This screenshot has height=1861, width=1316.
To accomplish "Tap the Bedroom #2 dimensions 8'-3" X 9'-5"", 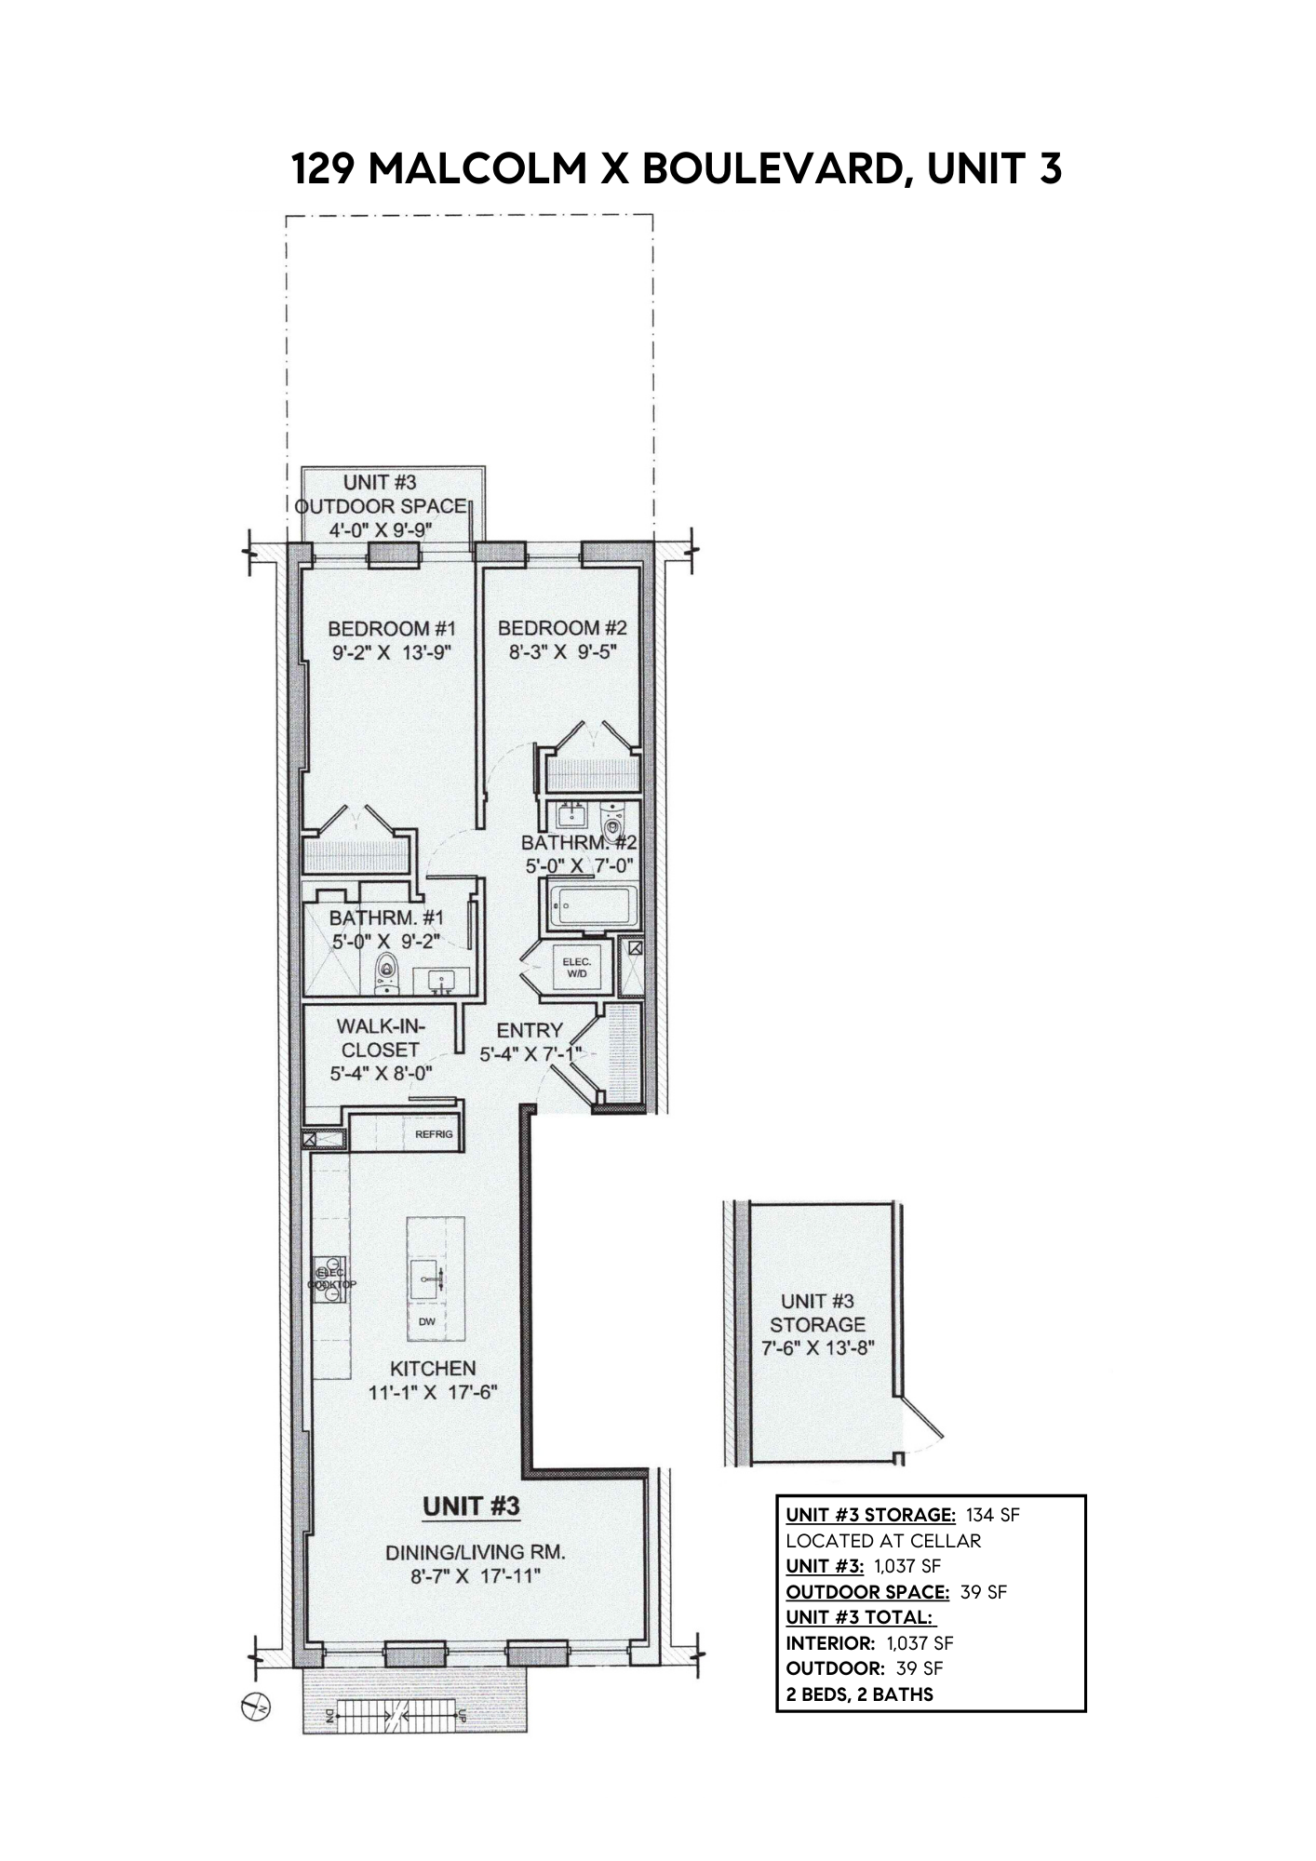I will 561,652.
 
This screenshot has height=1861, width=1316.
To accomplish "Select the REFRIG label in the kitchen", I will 434,1134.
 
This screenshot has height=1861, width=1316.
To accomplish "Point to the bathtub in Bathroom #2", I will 593,906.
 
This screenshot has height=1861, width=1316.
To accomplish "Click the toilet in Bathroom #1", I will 383,972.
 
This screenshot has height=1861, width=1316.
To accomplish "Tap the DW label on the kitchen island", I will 427,1320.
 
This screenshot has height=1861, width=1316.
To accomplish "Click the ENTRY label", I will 530,1030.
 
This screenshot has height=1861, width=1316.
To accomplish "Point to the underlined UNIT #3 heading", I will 471,1506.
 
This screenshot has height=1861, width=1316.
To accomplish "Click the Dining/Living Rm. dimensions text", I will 476,1576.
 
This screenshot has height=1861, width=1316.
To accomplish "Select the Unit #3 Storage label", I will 817,1312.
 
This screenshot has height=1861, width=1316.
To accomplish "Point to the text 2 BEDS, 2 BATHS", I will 859,1694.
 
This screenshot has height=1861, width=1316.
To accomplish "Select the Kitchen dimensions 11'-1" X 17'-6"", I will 432,1393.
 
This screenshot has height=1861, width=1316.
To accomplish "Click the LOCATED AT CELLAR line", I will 883,1540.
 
